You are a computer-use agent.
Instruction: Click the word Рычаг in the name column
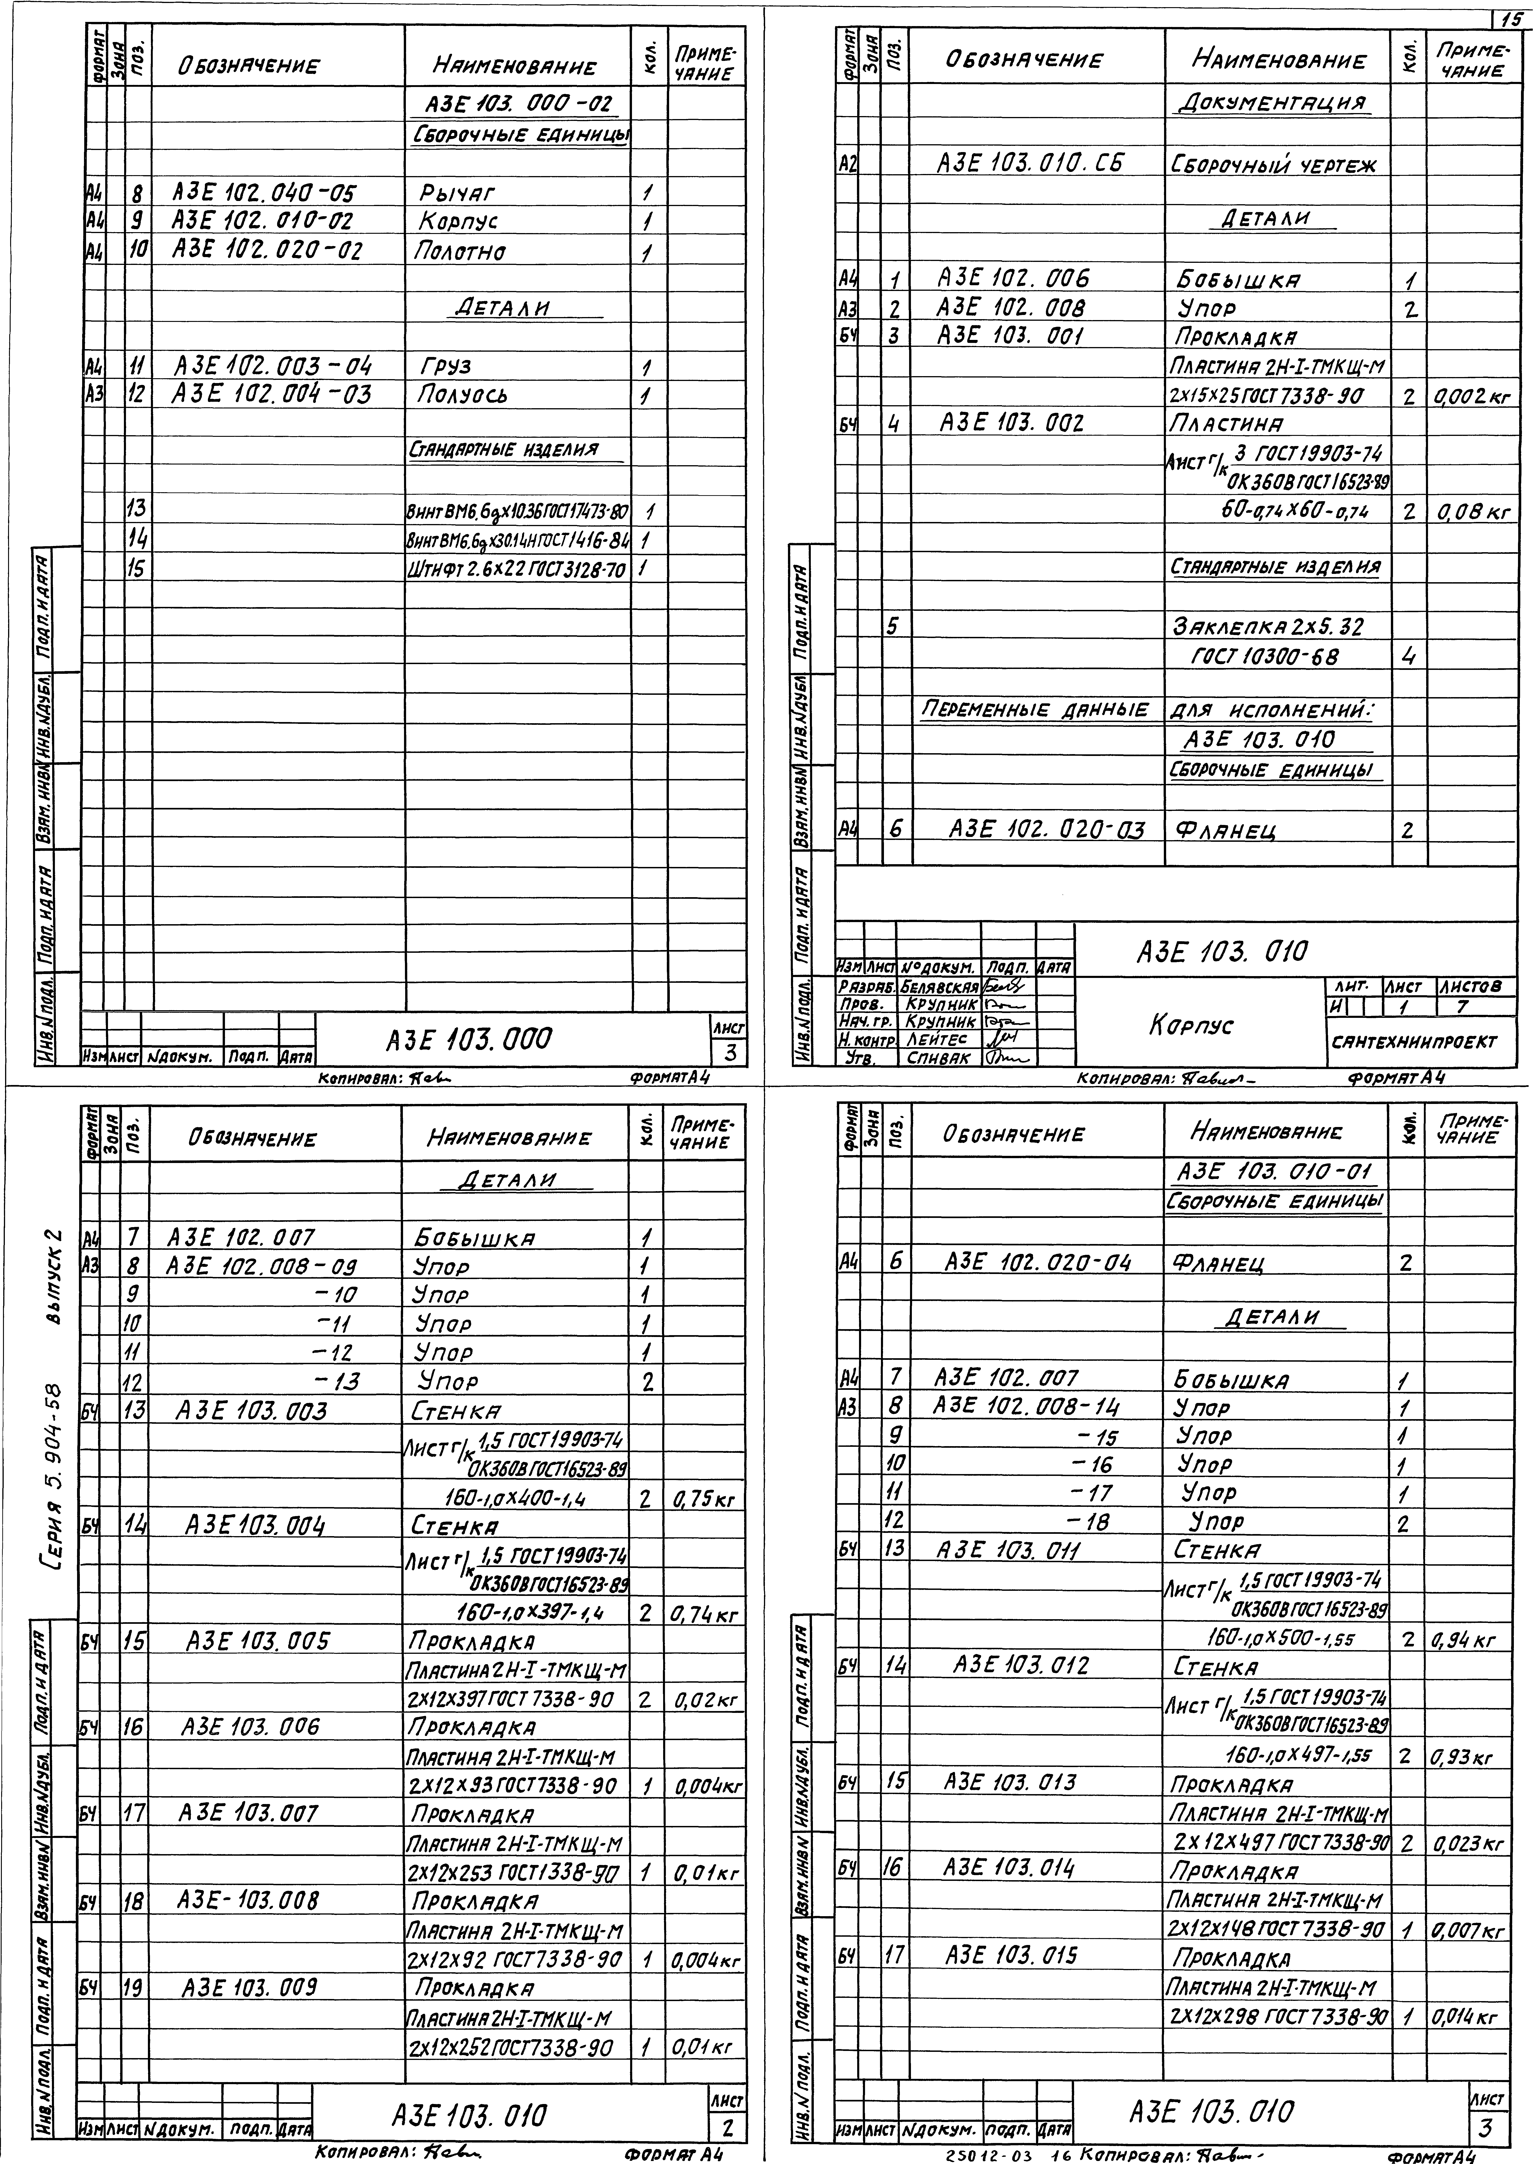point(457,194)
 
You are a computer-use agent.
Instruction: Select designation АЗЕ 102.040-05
point(263,194)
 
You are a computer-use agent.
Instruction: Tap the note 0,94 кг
point(1463,1640)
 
